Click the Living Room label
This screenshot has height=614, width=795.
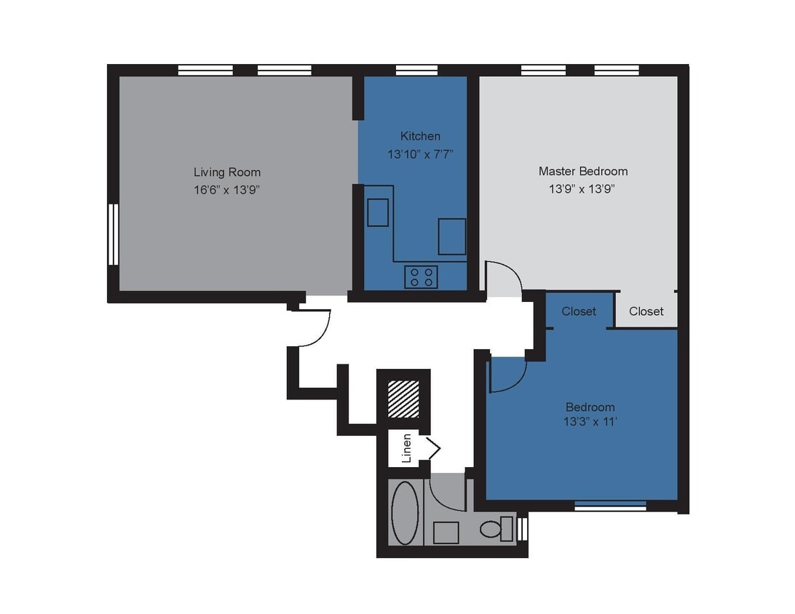pyautogui.click(x=226, y=172)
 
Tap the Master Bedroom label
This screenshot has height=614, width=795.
pyautogui.click(x=582, y=172)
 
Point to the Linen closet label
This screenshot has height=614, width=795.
pyautogui.click(x=407, y=448)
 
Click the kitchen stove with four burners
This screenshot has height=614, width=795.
pyautogui.click(x=421, y=277)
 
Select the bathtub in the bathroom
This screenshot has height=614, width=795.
pyautogui.click(x=406, y=512)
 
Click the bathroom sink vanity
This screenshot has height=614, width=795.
pyautogui.click(x=446, y=533)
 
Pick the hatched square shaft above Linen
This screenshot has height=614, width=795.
pyautogui.click(x=403, y=399)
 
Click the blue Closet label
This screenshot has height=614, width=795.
pyautogui.click(x=579, y=311)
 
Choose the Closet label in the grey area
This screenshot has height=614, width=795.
pyautogui.click(x=646, y=311)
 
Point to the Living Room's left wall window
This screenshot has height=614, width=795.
pyautogui.click(x=113, y=234)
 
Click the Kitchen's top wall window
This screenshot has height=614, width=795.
pyautogui.click(x=416, y=71)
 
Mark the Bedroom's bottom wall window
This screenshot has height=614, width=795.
pyautogui.click(x=610, y=506)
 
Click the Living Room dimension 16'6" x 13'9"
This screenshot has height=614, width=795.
pyautogui.click(x=226, y=190)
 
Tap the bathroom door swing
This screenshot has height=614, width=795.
pyautogui.click(x=446, y=492)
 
